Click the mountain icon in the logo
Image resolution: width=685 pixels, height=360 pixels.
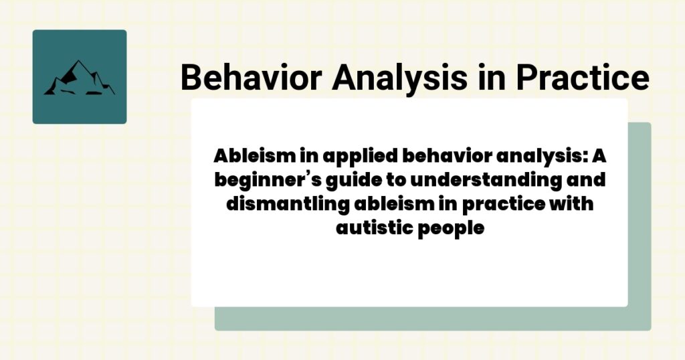coord(79,78)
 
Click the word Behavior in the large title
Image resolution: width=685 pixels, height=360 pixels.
coord(252,78)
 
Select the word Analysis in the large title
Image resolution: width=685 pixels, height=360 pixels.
coord(399,79)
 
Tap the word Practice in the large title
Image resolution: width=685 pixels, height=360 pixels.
coord(583,78)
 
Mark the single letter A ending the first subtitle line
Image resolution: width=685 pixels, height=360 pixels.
coord(599,156)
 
